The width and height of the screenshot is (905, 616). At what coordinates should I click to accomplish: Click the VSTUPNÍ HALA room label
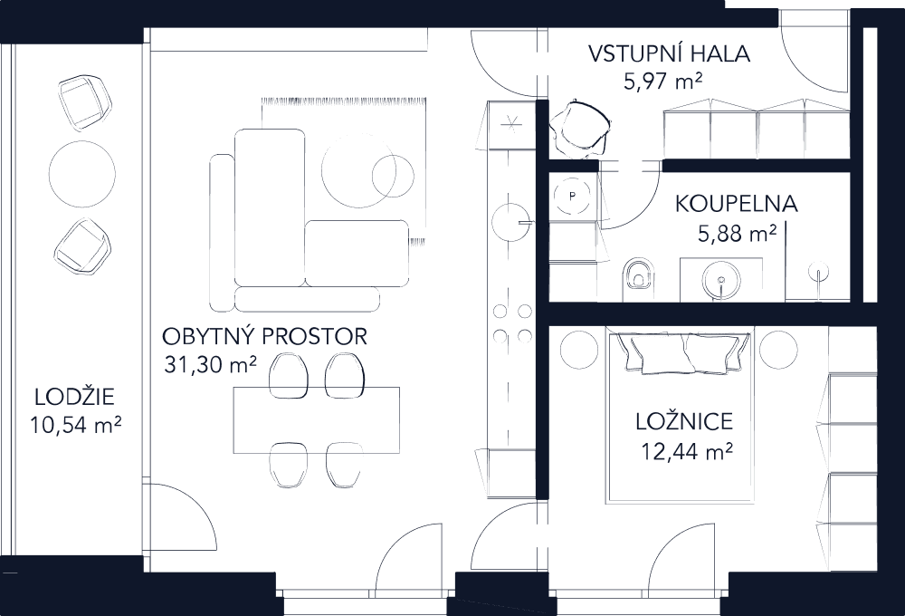click(669, 53)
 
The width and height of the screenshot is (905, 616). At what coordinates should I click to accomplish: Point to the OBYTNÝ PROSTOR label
click(265, 338)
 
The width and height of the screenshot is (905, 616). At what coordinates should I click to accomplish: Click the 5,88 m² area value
click(737, 234)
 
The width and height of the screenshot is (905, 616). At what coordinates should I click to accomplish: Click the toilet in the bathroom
click(639, 276)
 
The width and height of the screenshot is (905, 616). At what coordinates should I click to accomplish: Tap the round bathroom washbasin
click(719, 278)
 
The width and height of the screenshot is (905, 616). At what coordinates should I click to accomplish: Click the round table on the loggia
click(81, 175)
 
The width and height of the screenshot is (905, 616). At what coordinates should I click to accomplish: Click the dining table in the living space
click(316, 420)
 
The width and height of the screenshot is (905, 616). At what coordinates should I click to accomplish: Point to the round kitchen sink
click(512, 219)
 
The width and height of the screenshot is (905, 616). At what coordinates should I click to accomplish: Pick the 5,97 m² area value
click(664, 82)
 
